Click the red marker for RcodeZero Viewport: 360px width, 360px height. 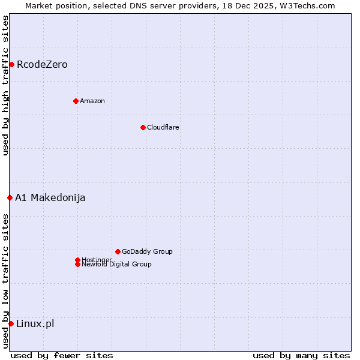[x=11, y=64]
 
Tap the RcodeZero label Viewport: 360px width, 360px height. [x=42, y=64]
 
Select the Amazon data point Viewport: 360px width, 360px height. [x=76, y=101]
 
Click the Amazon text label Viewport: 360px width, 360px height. [x=92, y=101]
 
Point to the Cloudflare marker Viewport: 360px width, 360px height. [x=143, y=127]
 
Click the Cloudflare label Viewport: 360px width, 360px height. [x=163, y=127]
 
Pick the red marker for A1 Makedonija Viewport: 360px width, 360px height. [x=10, y=197]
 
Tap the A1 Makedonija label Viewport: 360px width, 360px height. [x=50, y=197]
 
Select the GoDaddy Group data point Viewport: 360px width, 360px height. [x=118, y=251]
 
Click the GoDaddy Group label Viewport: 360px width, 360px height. [x=147, y=251]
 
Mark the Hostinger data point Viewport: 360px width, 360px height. [x=77, y=260]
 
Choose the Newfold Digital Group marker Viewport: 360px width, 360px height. [x=77, y=264]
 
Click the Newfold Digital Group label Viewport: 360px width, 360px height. [x=116, y=265]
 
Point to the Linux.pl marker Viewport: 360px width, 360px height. [x=11, y=324]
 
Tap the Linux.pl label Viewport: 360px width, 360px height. [x=35, y=324]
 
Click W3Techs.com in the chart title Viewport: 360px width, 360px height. [x=310, y=5]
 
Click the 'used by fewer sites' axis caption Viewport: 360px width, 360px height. [x=62, y=355]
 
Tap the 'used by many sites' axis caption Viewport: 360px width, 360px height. [x=301, y=355]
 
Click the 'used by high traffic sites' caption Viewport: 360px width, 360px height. [x=5, y=85]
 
